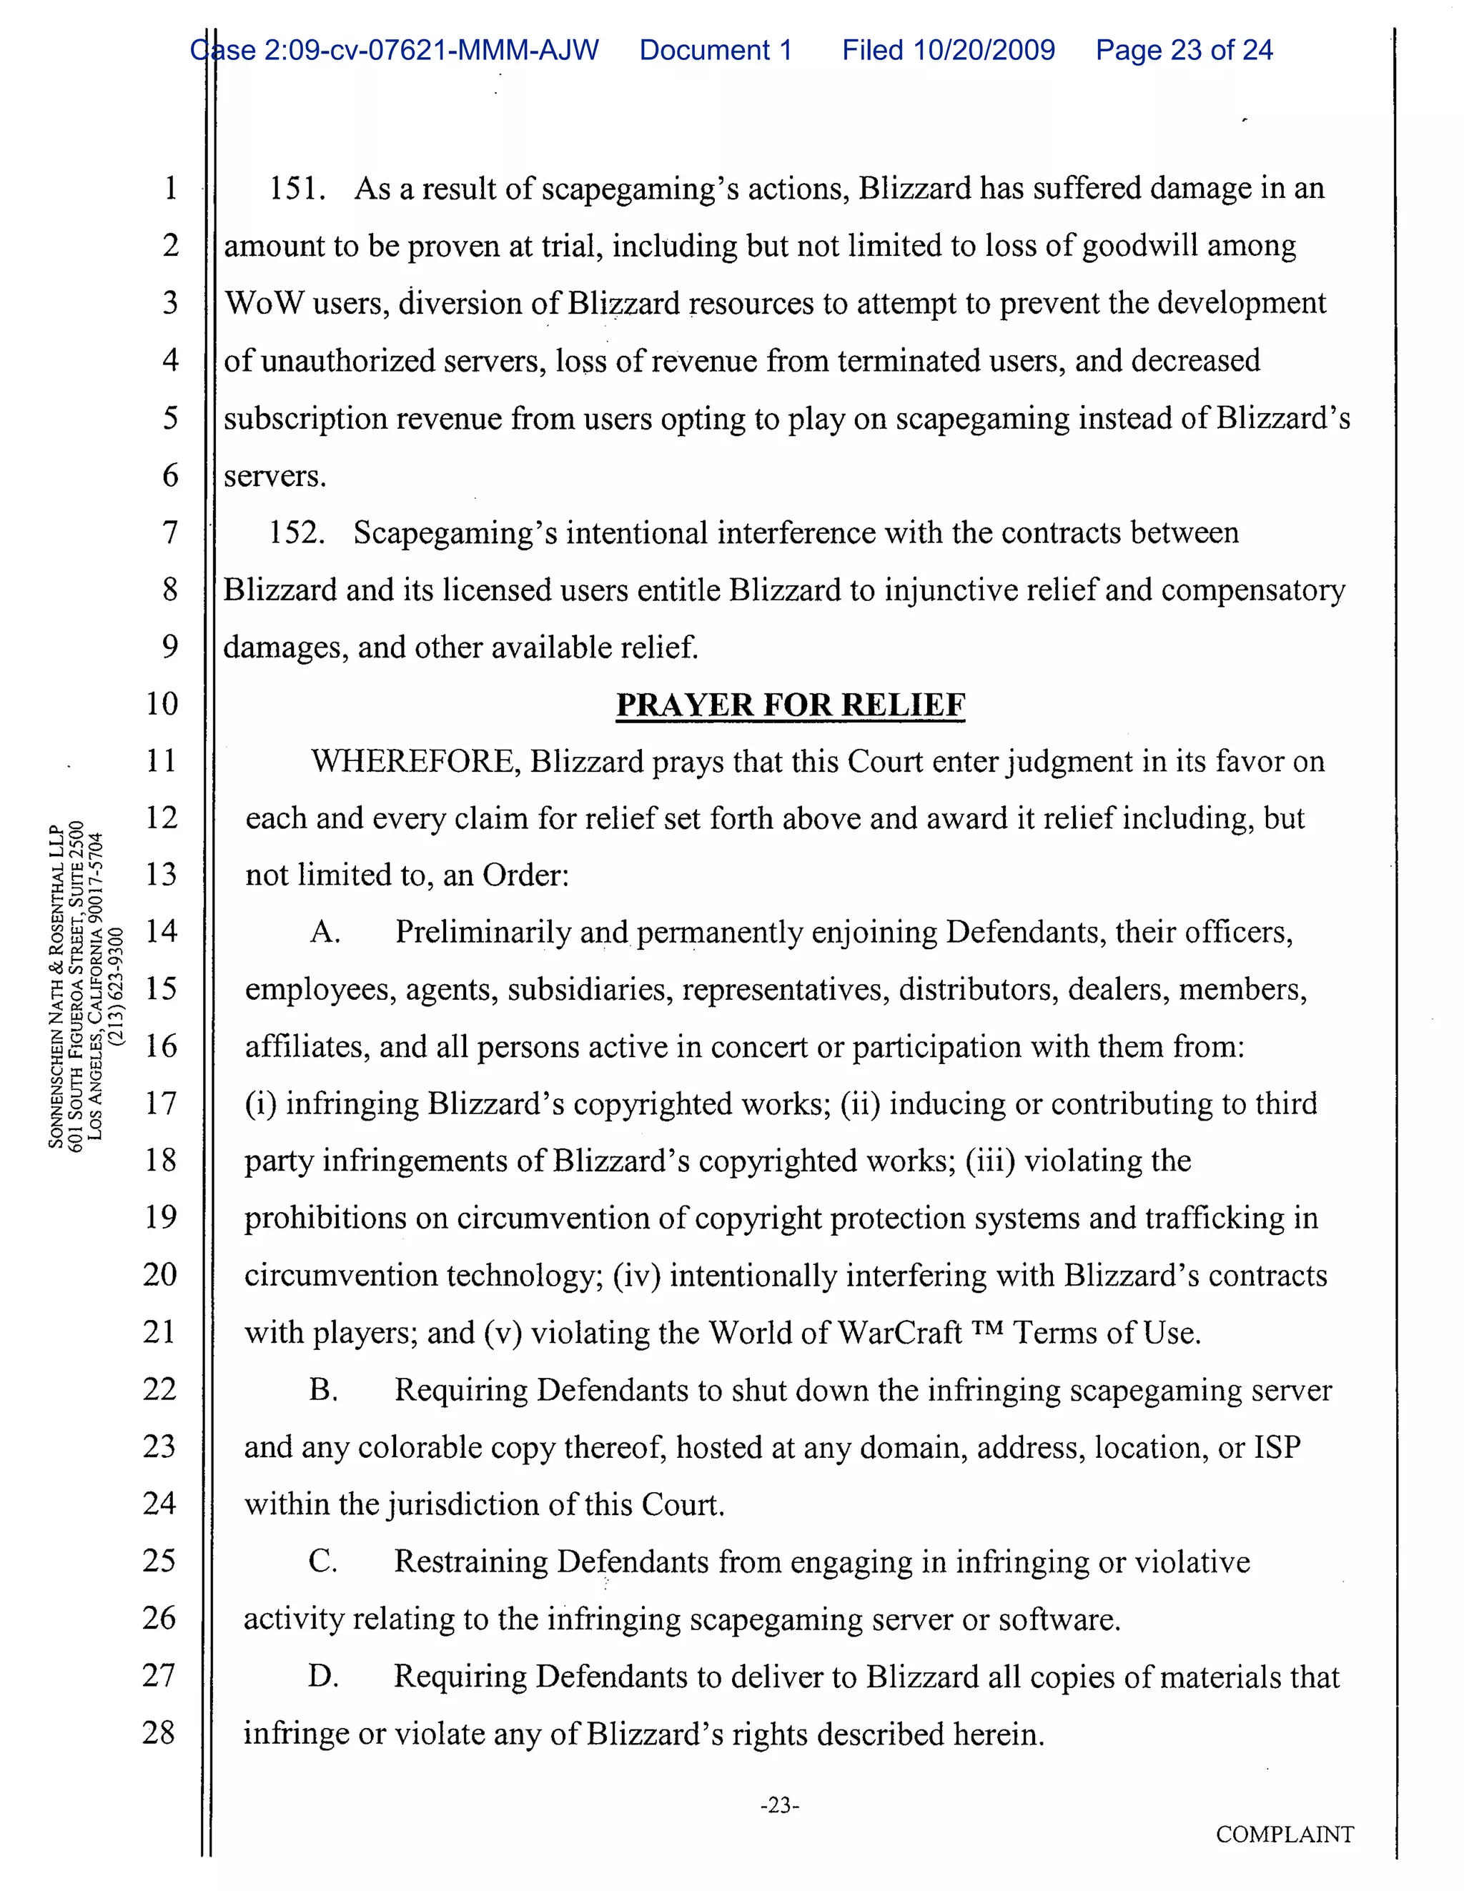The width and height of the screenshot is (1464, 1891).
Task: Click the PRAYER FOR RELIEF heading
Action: tap(790, 705)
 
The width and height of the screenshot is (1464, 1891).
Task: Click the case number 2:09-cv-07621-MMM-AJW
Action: tap(430, 50)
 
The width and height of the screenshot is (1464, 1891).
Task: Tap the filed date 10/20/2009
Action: tap(984, 50)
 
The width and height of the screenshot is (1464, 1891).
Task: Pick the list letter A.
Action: tap(325, 933)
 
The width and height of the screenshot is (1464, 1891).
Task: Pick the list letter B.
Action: tap(323, 1391)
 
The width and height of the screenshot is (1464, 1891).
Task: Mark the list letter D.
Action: tap(322, 1677)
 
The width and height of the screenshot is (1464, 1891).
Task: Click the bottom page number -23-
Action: tap(778, 1805)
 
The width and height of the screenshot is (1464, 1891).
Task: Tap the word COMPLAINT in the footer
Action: tap(1284, 1835)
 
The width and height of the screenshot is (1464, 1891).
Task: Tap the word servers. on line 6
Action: tap(274, 476)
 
